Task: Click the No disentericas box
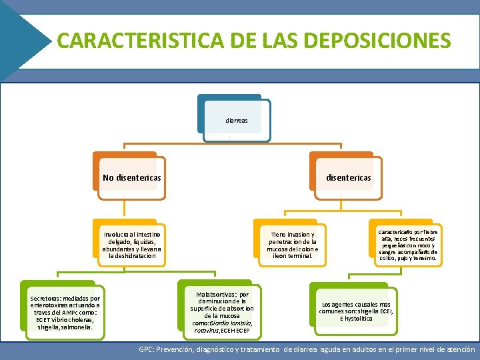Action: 131,177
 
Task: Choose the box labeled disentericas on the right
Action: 347,177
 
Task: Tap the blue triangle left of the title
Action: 23,40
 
